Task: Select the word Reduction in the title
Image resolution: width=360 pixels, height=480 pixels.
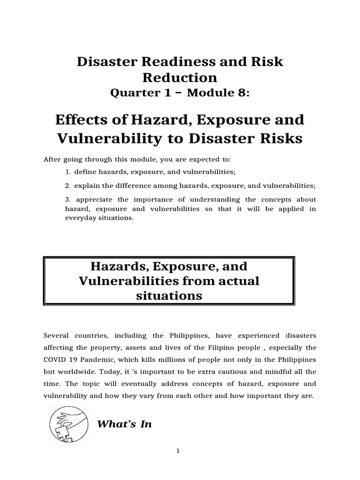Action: tap(180, 77)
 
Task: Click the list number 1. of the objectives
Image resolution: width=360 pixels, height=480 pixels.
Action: tap(68, 173)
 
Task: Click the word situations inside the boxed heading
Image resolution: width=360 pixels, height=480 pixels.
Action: tap(169, 296)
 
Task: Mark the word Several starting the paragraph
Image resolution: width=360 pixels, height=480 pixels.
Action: tap(57, 336)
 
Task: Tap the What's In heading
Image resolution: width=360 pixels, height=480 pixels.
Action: tap(124, 425)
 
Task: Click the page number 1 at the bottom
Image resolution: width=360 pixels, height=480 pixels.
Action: tap(178, 451)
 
